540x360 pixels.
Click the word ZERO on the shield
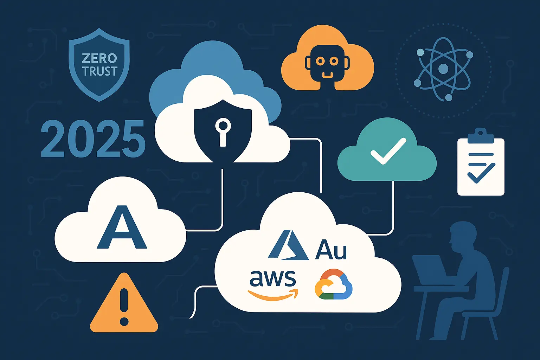click(x=99, y=58)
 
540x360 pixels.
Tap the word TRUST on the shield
click(x=100, y=71)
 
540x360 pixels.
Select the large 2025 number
click(x=93, y=139)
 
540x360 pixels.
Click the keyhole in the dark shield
click(x=223, y=130)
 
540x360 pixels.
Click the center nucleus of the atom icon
click(x=443, y=69)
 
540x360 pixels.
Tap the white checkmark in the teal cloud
click(x=388, y=151)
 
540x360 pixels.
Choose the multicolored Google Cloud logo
click(x=333, y=285)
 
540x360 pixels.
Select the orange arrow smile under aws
click(x=273, y=295)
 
